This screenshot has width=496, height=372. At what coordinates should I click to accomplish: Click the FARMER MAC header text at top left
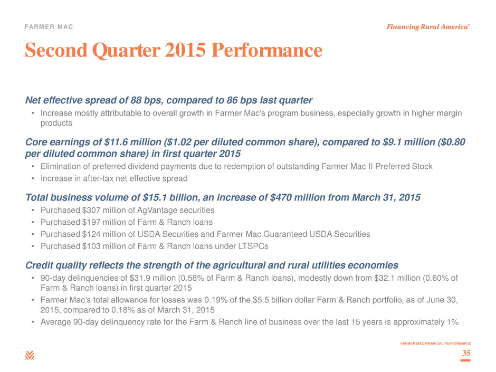click(x=49, y=27)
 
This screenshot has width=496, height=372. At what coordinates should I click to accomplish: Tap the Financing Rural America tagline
click(x=428, y=27)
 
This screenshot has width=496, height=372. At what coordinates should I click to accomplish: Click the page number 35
click(x=466, y=353)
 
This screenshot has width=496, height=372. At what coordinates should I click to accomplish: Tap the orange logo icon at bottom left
click(x=30, y=355)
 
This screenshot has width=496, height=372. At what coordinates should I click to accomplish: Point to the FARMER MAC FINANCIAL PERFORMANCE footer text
click(x=435, y=343)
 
